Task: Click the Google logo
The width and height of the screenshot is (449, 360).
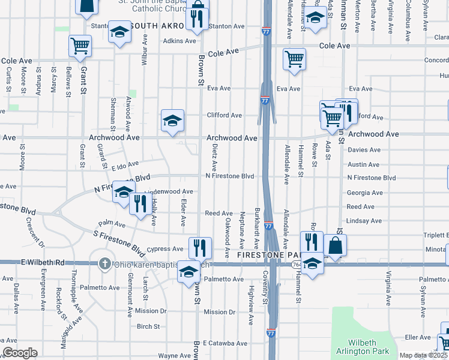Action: (x=20, y=353)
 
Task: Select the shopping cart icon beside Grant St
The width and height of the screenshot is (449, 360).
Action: (x=80, y=46)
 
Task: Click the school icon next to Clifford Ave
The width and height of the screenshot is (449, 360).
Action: (x=172, y=120)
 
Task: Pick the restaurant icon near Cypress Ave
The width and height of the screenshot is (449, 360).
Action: (x=199, y=247)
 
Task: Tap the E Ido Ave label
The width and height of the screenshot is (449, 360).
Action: (x=125, y=164)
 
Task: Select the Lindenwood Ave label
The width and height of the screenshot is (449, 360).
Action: (x=168, y=191)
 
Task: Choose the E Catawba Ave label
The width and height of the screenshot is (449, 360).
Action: (x=225, y=344)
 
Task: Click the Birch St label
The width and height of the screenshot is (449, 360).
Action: (x=148, y=327)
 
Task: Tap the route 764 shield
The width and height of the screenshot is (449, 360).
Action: (x=297, y=263)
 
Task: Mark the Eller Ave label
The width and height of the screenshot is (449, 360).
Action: (x=418, y=338)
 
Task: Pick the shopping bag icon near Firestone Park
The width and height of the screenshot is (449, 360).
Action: (x=336, y=245)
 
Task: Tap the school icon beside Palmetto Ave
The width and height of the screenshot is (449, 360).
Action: (x=188, y=272)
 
